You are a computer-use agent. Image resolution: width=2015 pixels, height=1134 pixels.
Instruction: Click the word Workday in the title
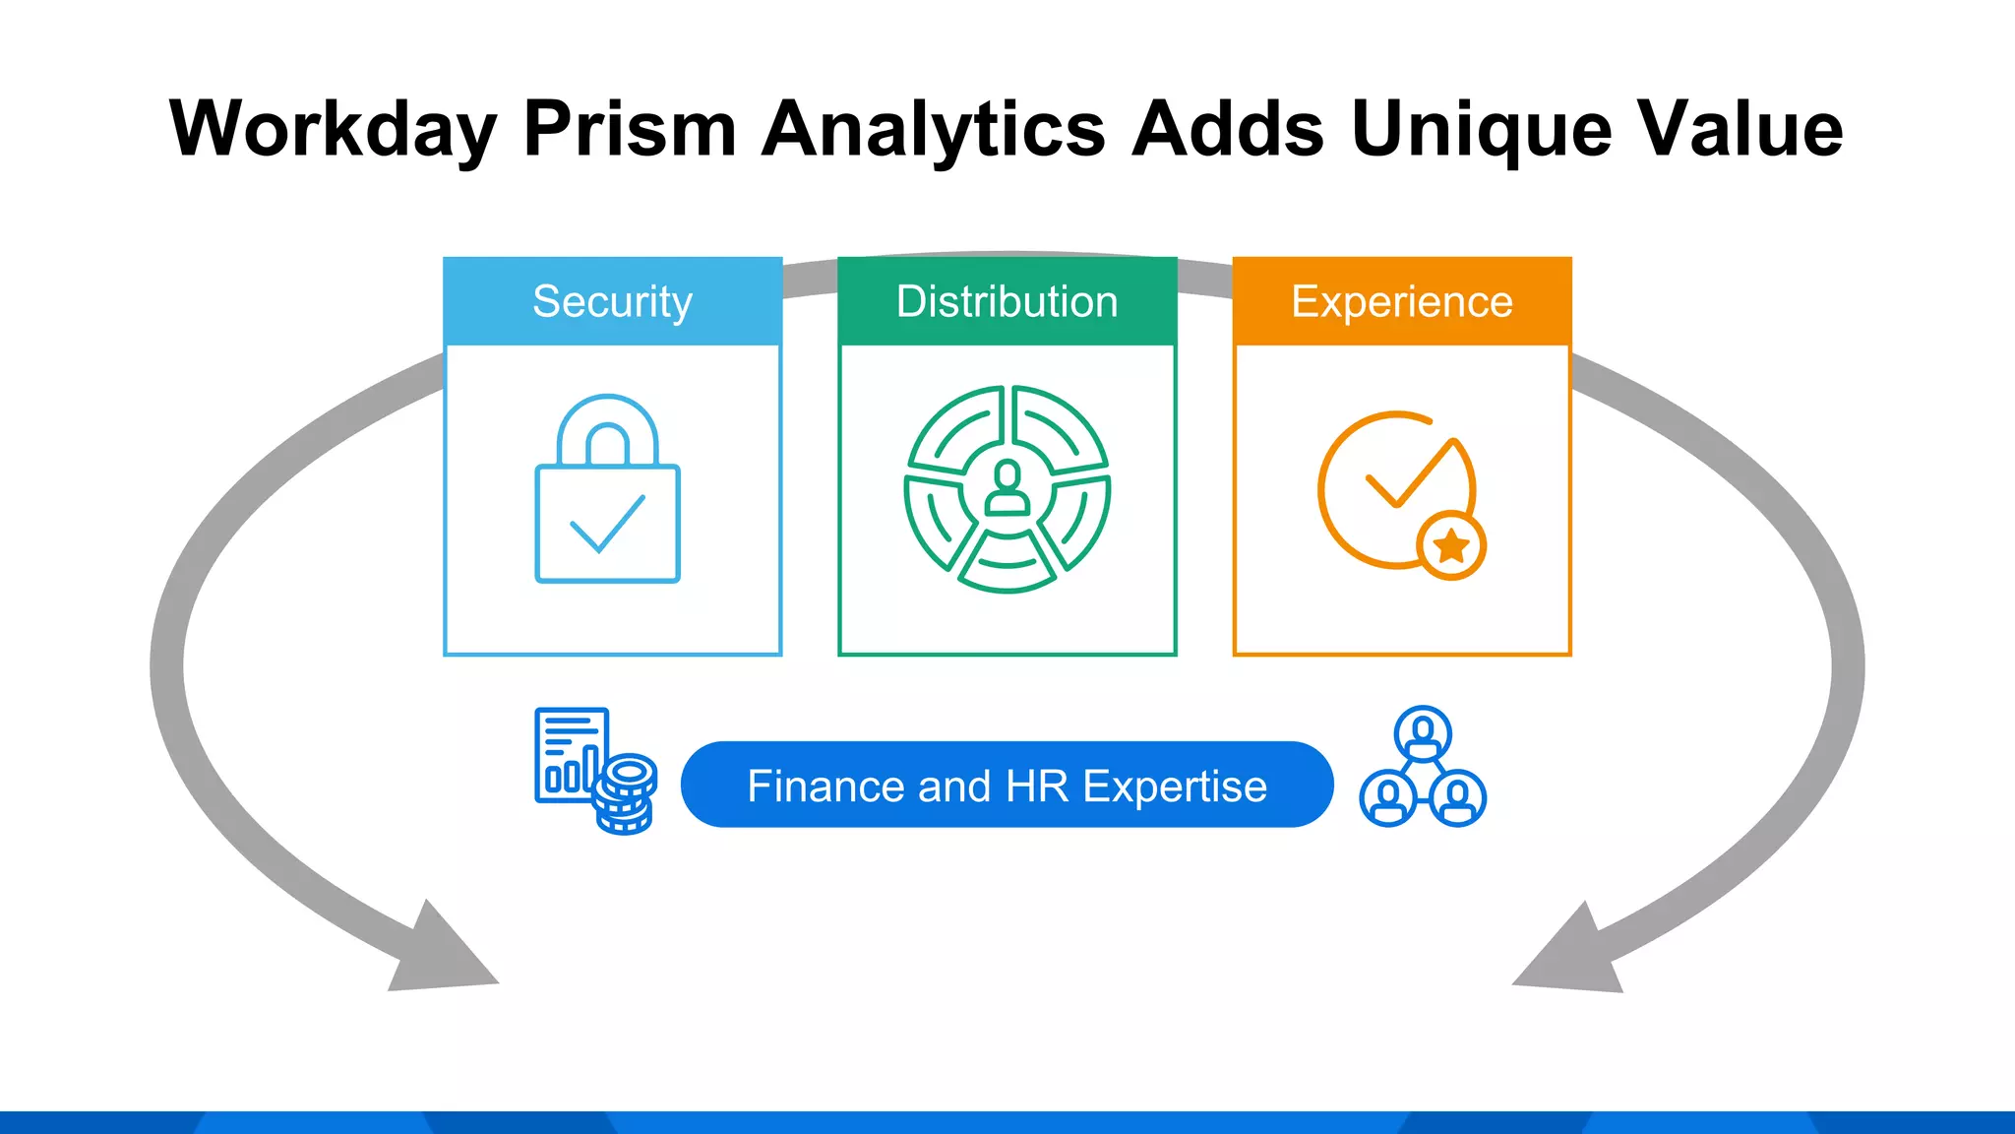pos(333,129)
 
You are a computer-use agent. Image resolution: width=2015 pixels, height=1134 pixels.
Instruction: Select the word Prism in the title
pos(630,129)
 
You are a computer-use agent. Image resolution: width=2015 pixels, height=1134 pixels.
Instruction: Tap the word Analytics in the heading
pos(934,129)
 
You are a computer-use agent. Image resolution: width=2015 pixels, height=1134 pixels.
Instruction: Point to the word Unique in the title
pos(1481,129)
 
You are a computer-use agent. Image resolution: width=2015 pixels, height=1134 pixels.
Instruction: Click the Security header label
pos(612,301)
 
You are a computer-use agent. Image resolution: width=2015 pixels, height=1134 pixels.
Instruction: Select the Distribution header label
pos(1007,301)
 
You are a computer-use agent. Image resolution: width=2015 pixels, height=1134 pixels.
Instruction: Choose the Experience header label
pos(1401,301)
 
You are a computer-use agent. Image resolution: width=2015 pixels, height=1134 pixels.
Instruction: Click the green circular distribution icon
pos(1007,489)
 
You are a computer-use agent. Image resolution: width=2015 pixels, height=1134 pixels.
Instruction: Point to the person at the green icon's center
pos(1007,488)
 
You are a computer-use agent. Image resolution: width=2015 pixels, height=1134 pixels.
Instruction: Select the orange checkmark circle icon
pos(1397,489)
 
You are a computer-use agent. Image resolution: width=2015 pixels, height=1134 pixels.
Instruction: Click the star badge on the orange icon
pos(1451,544)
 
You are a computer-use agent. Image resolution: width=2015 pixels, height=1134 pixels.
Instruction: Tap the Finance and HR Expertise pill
pos(1007,785)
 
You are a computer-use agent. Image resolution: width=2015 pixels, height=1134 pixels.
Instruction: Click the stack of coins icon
pos(626,793)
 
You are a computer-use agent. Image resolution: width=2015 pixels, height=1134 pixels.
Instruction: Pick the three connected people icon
pos(1423,768)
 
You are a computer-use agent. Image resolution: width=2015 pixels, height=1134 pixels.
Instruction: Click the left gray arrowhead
pos(439,950)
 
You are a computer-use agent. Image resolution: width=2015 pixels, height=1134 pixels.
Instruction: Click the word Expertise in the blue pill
pos(1175,787)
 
